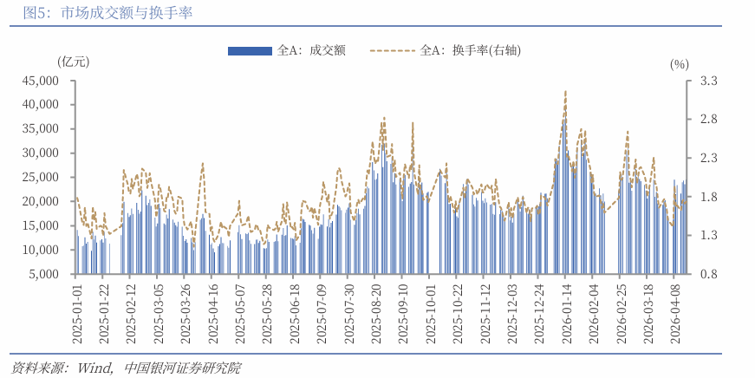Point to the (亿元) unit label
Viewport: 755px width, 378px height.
pyautogui.click(x=72, y=62)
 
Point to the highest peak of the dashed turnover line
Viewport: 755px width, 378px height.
pyautogui.click(x=565, y=90)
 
